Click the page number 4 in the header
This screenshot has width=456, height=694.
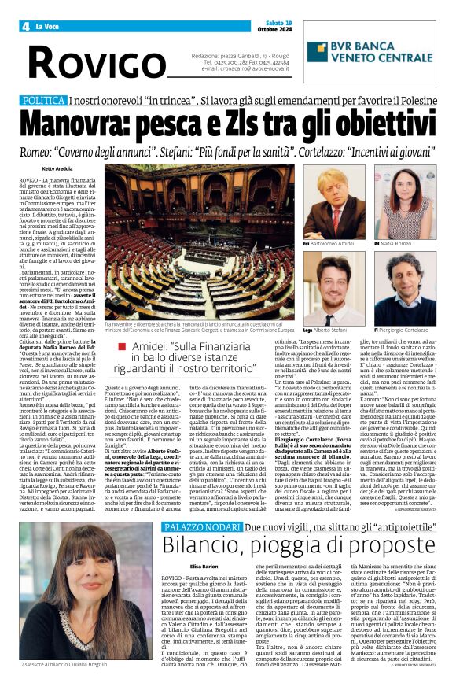click(26, 27)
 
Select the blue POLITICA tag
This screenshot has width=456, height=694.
click(43, 102)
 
